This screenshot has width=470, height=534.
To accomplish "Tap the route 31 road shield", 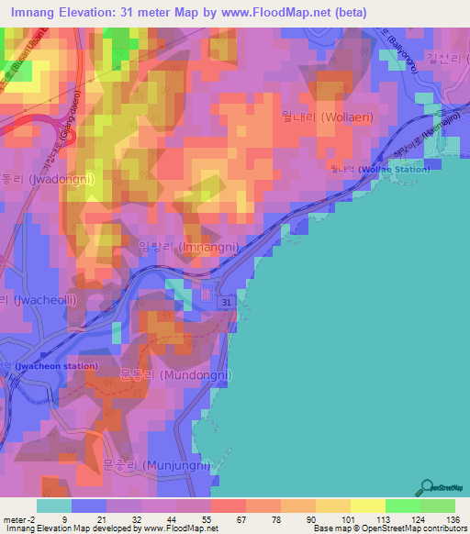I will click(x=228, y=301).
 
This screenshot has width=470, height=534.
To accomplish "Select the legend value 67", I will click(x=241, y=519).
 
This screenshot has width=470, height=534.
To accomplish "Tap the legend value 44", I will click(x=172, y=519).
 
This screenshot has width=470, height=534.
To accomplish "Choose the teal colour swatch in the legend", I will click(x=54, y=506).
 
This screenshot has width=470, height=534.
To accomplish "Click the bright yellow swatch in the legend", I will click(x=368, y=506).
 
